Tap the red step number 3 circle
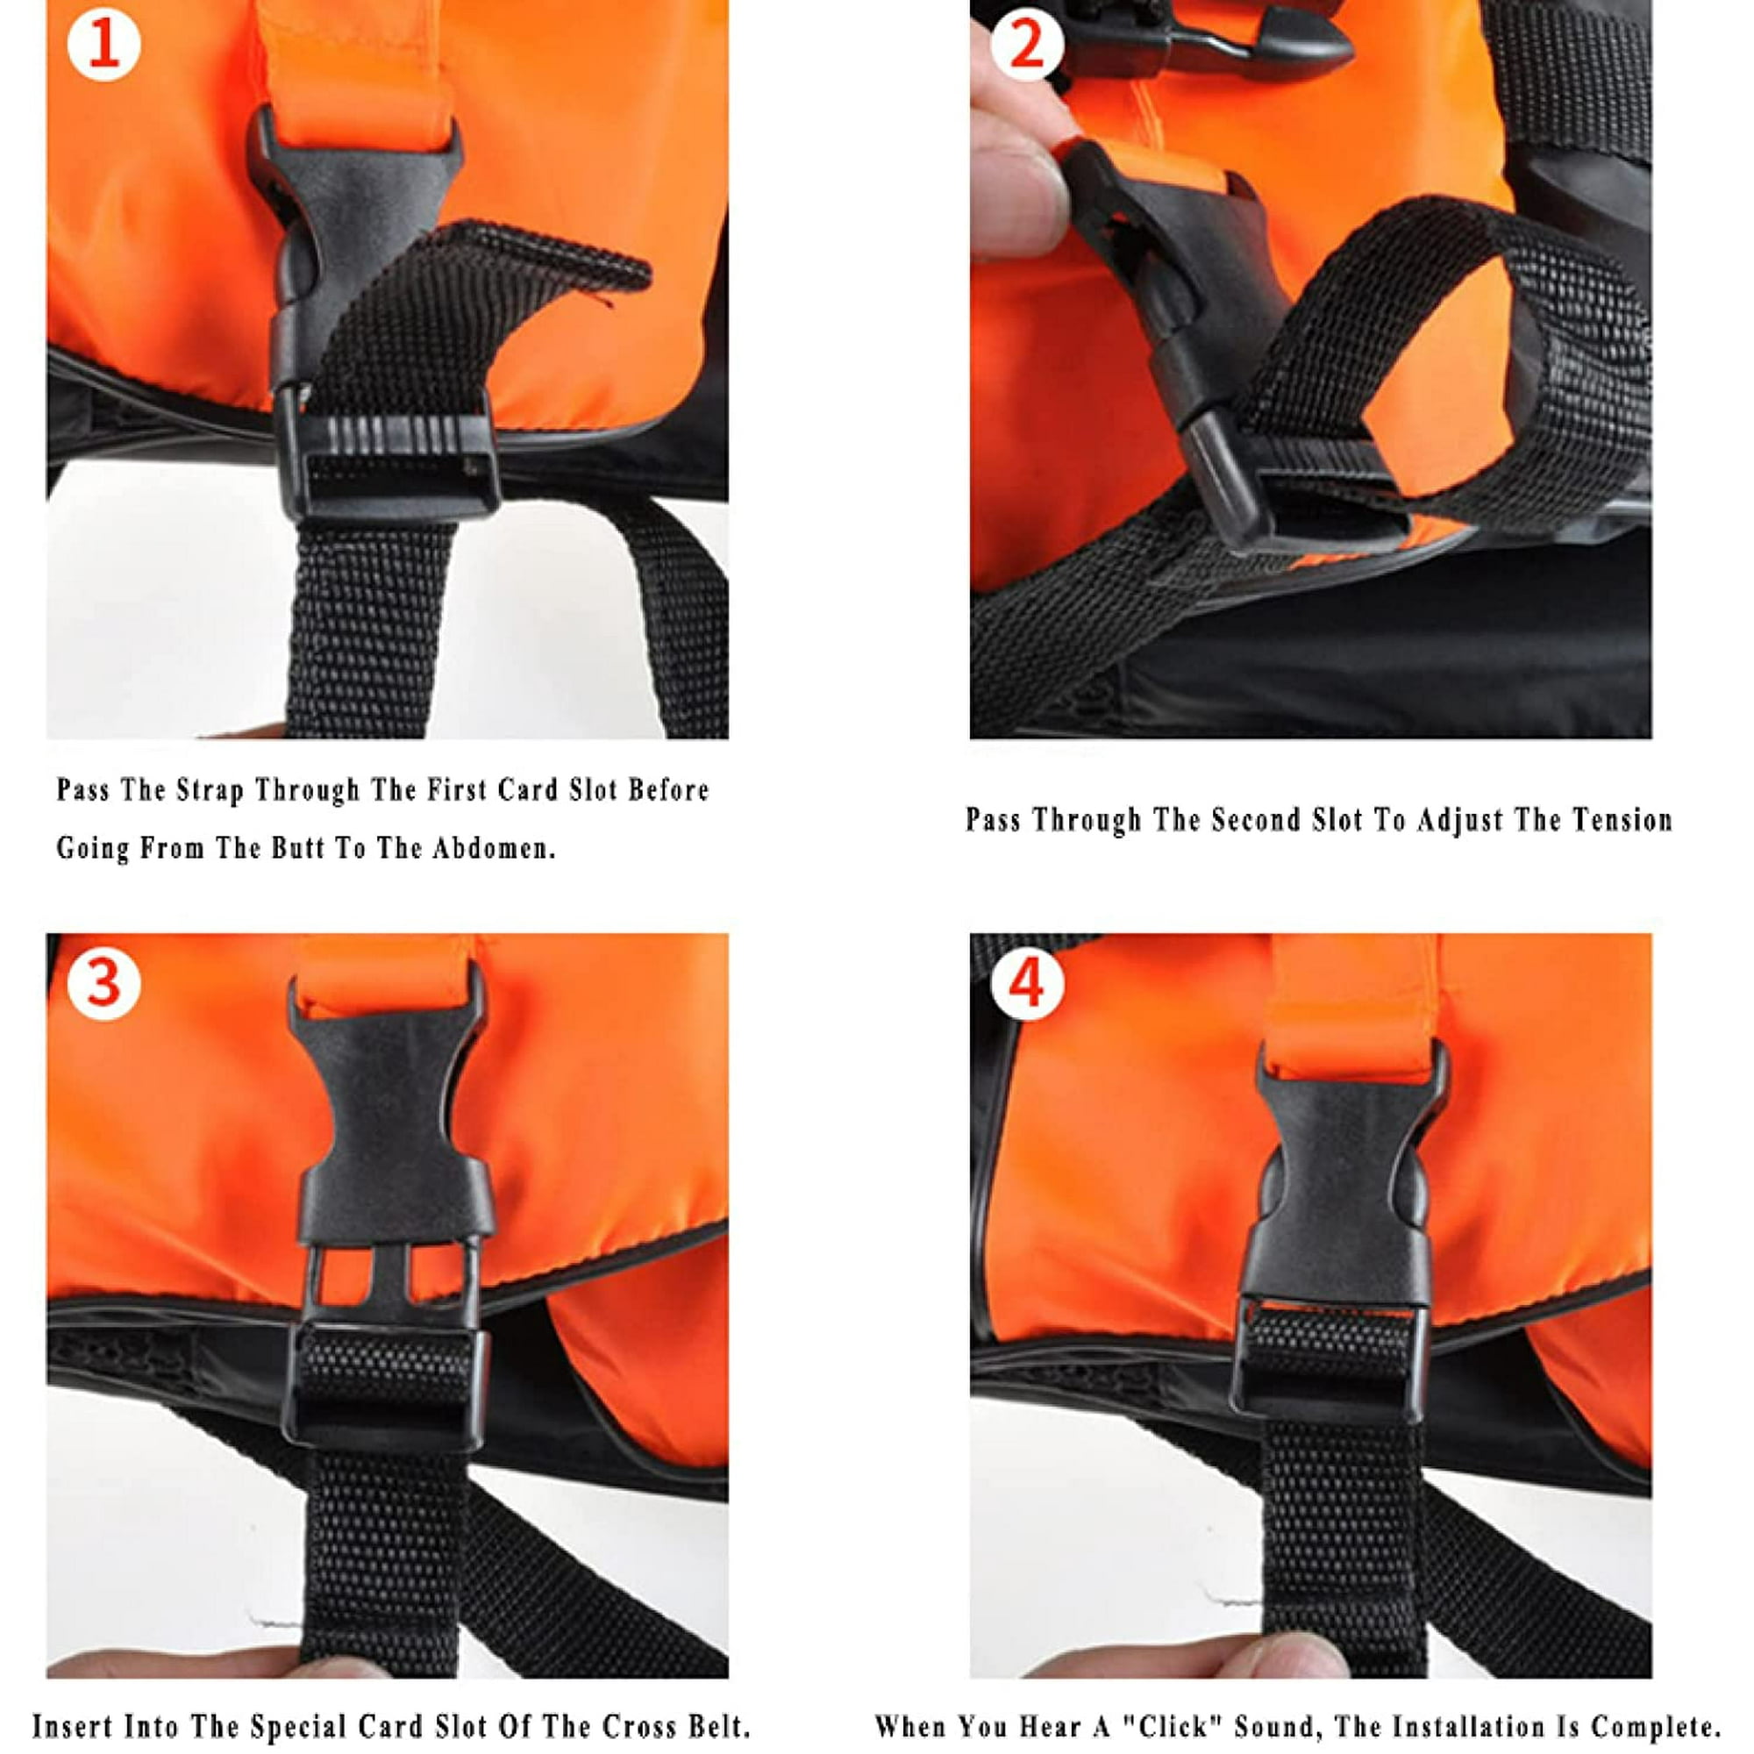104,984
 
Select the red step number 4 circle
1028,984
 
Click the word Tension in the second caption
1622,820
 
